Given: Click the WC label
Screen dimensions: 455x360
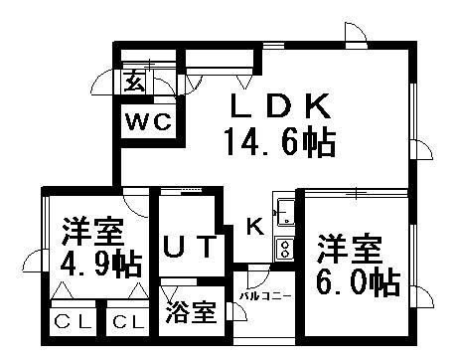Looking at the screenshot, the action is (x=148, y=123).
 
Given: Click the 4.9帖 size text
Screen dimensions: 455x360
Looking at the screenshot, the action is (x=98, y=265).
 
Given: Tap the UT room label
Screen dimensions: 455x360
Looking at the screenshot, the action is (x=187, y=246).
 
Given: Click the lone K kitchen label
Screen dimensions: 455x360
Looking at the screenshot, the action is (x=254, y=227).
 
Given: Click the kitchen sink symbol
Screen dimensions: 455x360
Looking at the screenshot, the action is (x=285, y=212).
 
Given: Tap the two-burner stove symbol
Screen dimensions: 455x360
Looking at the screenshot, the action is (x=285, y=248).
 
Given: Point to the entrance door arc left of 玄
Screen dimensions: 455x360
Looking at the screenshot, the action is (x=106, y=86).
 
